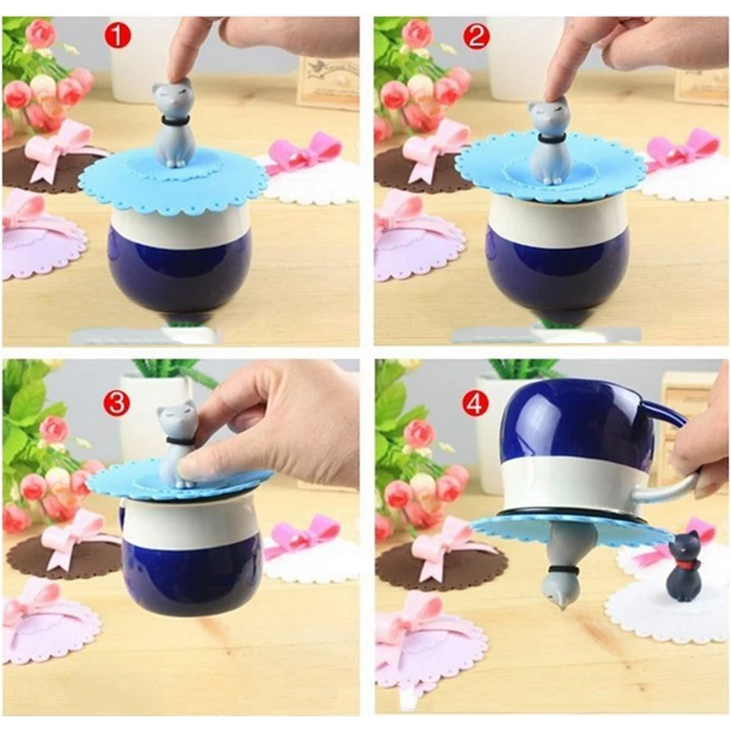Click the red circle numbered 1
click(118, 36)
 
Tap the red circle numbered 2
click(475, 36)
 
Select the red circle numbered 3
click(117, 402)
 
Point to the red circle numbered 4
click(475, 404)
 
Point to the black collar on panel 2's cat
click(550, 139)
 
